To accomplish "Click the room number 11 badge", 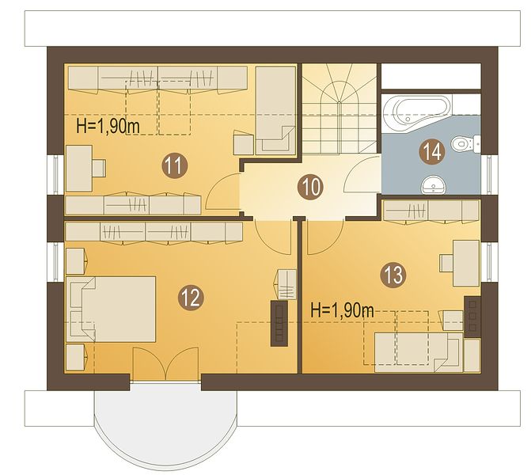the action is pos(175,166).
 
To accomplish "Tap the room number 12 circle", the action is pos(191,298).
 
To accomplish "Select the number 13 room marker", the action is pos(393,275).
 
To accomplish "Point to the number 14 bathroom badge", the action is pos(432,152).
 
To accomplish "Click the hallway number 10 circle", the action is pos(310,187).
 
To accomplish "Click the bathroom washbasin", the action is pos(434,185).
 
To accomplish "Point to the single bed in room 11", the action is pos(275,111).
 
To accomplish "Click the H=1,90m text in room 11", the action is pos(108,127).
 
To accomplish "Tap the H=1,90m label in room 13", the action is pos(343,310).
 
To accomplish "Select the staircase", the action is pos(339,108).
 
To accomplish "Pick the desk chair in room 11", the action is pos(99,168).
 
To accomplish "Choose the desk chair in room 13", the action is pos(446,263).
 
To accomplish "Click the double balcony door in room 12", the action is pos(165,363).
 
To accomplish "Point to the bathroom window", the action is pos(489,175).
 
